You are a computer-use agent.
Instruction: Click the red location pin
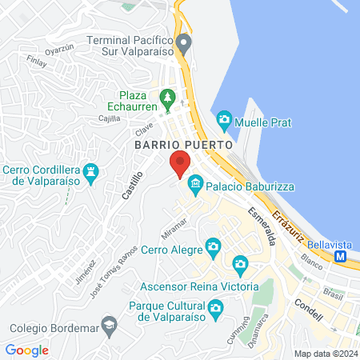(180, 163)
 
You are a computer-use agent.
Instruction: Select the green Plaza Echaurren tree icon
(167, 99)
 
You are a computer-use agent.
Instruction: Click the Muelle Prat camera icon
(224, 122)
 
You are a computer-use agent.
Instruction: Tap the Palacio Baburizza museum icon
(194, 186)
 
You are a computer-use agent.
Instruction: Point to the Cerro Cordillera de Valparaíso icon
(94, 172)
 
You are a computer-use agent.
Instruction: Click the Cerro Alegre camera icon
(212, 246)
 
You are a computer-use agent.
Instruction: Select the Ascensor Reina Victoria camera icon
(239, 265)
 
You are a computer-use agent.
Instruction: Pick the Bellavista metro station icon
(341, 257)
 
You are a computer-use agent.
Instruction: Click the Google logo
(26, 350)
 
